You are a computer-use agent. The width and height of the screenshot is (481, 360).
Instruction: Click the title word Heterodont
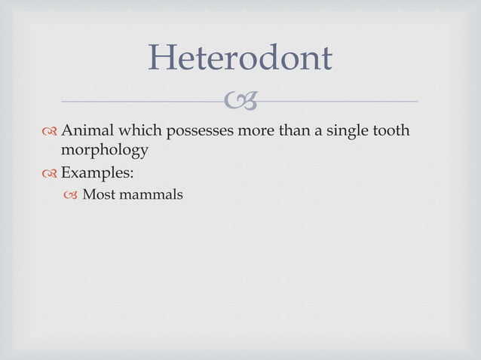point(240,58)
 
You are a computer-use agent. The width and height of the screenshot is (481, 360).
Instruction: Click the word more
point(257,131)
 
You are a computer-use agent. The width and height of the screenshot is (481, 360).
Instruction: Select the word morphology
point(104,151)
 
